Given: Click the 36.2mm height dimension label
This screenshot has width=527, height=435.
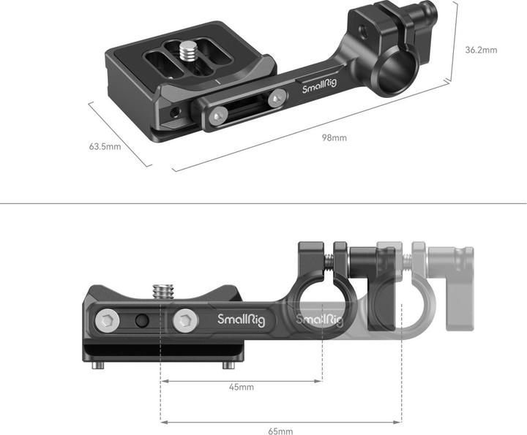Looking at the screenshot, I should coord(481,50).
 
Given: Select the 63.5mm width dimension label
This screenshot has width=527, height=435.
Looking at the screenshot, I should coord(105,146).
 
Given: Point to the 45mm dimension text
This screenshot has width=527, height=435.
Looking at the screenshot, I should coord(241,387).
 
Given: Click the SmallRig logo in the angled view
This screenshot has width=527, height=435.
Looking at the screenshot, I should coord(320,89).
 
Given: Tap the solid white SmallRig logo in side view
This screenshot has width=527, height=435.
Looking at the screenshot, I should coord(241,319).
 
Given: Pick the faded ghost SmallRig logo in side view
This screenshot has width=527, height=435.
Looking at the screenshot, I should coord(318,319).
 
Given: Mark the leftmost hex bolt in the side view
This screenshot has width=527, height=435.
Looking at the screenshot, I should coord(108,319).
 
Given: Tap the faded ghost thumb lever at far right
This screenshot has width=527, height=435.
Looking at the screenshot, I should coord(447,262).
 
